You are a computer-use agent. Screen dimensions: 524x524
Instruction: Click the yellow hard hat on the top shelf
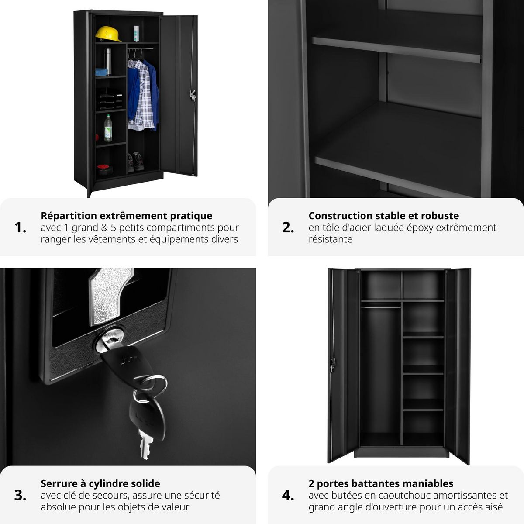pos(108,33)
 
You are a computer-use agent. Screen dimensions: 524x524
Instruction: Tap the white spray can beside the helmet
pos(136,34)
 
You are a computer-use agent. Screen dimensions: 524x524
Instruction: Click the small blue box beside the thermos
pos(102,72)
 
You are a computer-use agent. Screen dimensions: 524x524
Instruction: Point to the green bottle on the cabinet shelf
pos(108,128)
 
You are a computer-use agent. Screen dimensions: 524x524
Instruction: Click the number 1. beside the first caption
pos(21,228)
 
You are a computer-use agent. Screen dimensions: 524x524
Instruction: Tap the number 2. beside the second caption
pos(288,228)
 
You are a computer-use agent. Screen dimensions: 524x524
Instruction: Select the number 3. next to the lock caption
pos(21,495)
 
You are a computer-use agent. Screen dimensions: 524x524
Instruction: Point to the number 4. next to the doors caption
pos(288,495)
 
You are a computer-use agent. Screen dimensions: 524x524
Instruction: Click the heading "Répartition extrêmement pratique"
pos(127,216)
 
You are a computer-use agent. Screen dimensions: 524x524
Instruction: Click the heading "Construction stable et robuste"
pos(383,216)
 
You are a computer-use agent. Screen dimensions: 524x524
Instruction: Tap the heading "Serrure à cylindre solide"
pos(100,483)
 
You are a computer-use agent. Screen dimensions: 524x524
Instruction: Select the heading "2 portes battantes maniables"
pos(381,483)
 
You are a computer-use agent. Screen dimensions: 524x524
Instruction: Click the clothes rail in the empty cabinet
pos(381,307)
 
